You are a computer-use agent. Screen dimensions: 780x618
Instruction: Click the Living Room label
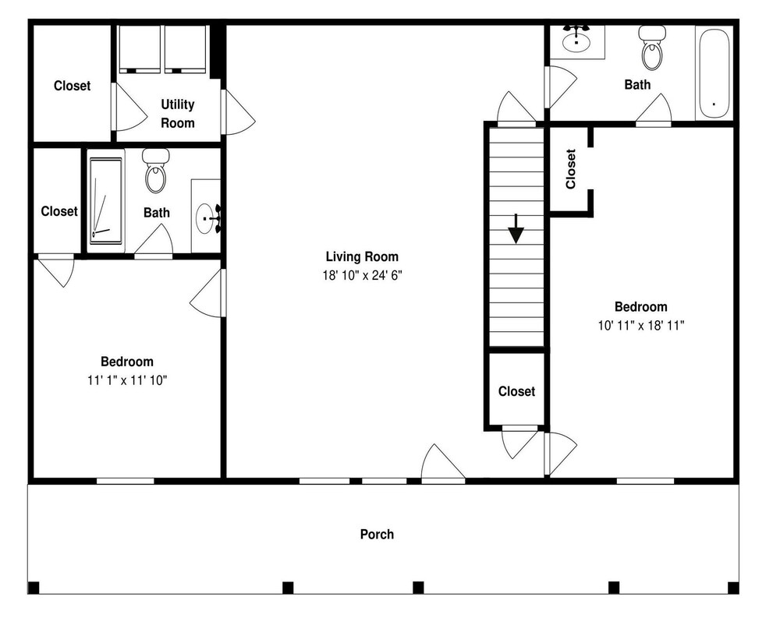click(362, 256)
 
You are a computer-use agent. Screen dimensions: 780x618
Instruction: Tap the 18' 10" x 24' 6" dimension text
click(362, 275)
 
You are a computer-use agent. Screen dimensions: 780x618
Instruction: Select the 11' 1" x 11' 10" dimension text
click(127, 380)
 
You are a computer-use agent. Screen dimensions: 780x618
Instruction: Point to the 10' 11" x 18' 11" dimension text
click(641, 326)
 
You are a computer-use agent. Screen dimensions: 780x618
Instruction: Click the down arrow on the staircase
click(516, 228)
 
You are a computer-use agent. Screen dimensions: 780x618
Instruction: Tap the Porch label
click(377, 535)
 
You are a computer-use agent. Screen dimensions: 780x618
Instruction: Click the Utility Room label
click(178, 114)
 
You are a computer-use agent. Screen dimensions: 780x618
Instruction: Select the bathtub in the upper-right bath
click(714, 73)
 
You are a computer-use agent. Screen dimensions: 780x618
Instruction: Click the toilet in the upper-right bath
click(652, 48)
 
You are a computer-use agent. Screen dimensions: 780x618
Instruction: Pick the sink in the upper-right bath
click(576, 37)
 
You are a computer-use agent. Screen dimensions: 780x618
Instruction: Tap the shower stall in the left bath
click(105, 201)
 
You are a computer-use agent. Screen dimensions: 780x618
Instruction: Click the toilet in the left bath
click(156, 171)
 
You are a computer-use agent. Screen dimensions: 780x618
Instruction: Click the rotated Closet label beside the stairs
click(571, 169)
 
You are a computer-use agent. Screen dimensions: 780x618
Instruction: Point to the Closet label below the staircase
click(516, 392)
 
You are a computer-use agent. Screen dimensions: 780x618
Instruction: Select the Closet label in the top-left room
click(72, 86)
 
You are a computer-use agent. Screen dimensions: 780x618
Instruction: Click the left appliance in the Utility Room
click(140, 49)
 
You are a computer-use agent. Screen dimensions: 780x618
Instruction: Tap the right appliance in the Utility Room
click(185, 49)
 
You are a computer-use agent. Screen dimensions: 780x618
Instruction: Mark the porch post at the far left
click(34, 588)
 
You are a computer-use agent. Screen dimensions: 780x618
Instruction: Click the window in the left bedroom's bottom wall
click(126, 481)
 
